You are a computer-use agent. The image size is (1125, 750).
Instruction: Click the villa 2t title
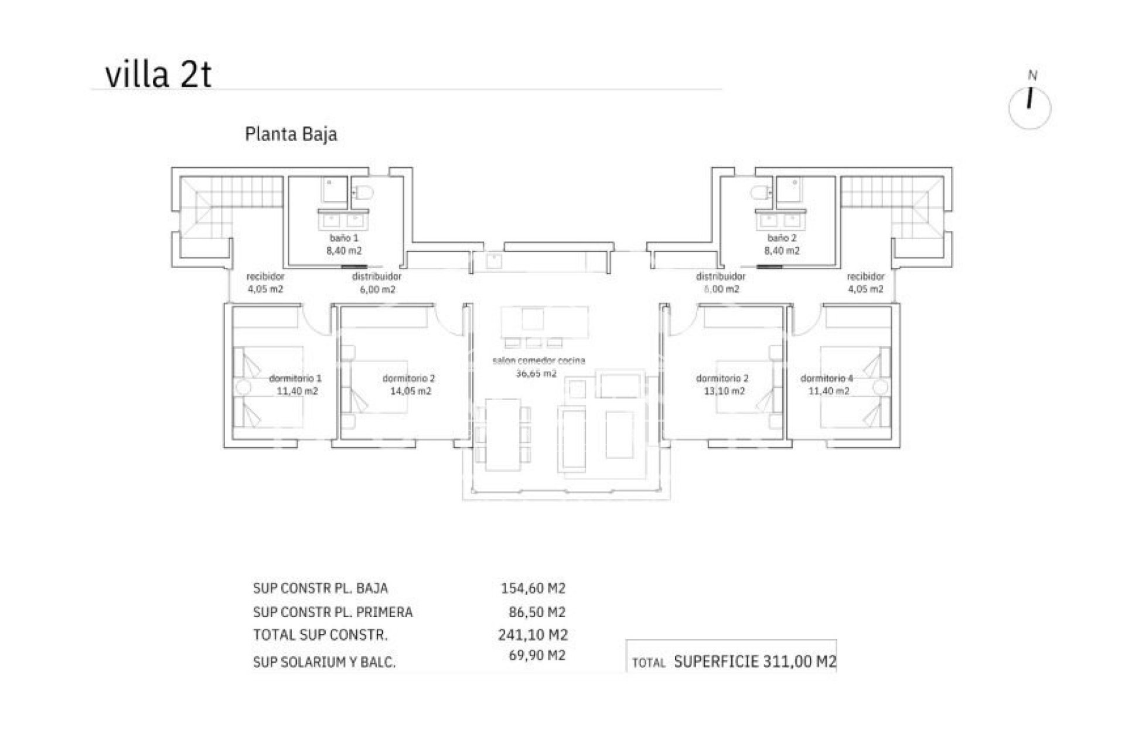coord(158,76)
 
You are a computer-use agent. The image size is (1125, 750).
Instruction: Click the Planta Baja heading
coord(291,134)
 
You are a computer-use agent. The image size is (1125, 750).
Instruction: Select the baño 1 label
coord(344,238)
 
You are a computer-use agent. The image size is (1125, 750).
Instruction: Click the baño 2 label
coord(782,238)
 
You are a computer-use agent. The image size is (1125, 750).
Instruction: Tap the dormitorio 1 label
coord(295,379)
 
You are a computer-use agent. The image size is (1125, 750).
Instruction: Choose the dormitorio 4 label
coord(827,379)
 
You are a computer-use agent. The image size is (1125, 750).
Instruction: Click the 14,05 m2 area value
coord(410,391)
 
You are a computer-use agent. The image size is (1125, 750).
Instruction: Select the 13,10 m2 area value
coord(724,391)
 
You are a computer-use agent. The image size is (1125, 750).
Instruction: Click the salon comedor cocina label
coord(538,361)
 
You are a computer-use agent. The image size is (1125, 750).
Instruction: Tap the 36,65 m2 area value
coord(536,373)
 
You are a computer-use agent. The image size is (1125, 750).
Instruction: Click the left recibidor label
coord(265,277)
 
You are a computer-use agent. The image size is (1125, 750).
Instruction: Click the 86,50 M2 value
coord(537,612)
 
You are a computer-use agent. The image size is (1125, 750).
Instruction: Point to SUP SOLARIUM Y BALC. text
coord(324,663)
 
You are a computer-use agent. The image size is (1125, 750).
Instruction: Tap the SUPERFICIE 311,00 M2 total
coord(755,662)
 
